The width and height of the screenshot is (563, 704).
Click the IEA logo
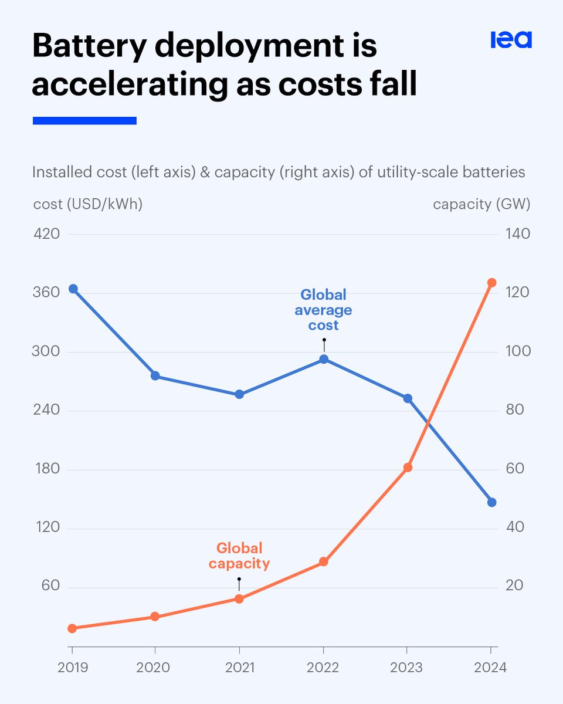[511, 39]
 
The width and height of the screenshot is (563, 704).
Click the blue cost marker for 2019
[73, 289]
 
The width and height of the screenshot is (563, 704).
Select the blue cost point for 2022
[324, 359]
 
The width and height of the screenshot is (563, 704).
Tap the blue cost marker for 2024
[491, 502]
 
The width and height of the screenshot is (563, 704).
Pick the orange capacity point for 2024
[491, 283]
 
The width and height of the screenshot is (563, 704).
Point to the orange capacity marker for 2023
[408, 468]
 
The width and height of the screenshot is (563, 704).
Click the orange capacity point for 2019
[72, 628]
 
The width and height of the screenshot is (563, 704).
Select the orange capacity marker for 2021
[239, 598]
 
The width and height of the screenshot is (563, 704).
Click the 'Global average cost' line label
[323, 310]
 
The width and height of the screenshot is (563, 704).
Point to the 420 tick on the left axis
[47, 234]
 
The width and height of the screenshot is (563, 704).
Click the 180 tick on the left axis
[47, 469]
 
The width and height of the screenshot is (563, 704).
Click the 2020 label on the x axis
[155, 668]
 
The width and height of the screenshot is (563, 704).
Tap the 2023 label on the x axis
[407, 668]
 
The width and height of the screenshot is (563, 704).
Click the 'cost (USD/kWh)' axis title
[87, 204]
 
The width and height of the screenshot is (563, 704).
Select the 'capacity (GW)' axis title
[481, 204]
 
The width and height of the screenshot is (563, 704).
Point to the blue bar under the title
[84, 120]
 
